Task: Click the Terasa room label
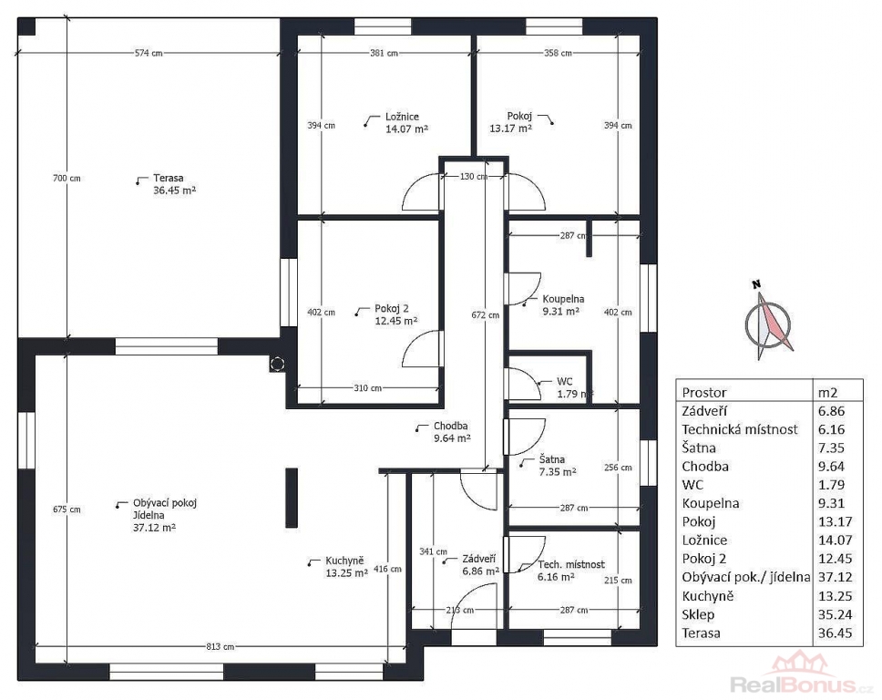[x=169, y=179]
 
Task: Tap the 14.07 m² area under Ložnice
[x=406, y=129]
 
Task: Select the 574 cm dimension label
[x=149, y=53]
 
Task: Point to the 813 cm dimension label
[x=220, y=646]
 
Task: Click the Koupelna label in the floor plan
[x=563, y=299]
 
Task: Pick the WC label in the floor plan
[x=565, y=382]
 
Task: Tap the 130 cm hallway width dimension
[x=474, y=177]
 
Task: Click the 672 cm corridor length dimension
[x=485, y=315]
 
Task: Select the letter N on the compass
[x=756, y=284]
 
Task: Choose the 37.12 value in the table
[x=836, y=577]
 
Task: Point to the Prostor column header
[x=704, y=393]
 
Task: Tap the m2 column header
[x=828, y=393]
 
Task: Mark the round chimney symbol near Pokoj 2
[x=277, y=364]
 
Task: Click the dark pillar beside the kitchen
[x=292, y=498]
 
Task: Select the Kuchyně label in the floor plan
[x=344, y=561]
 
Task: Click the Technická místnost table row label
[x=740, y=430]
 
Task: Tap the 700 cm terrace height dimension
[x=67, y=179]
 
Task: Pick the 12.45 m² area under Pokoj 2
[x=396, y=322]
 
